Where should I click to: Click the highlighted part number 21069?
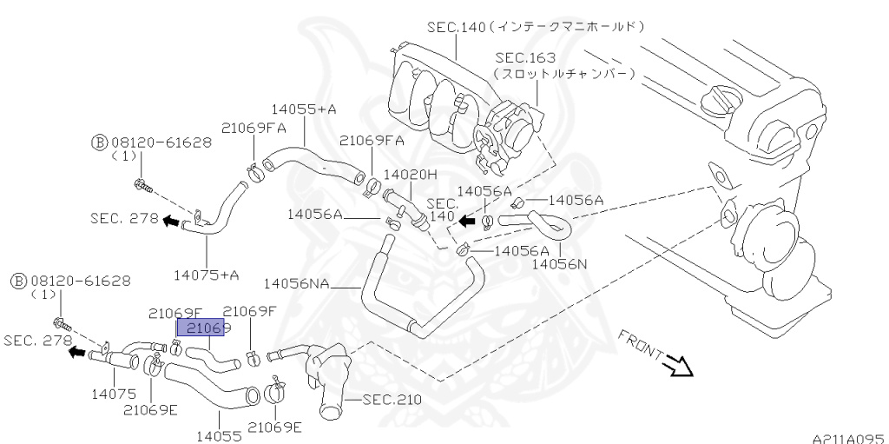click(201, 328)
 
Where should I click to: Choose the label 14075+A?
click(206, 275)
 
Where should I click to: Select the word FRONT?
click(641, 345)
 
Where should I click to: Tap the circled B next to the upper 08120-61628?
click(97, 141)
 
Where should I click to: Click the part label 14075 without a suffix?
click(113, 394)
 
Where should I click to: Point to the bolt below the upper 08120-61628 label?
click(142, 183)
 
